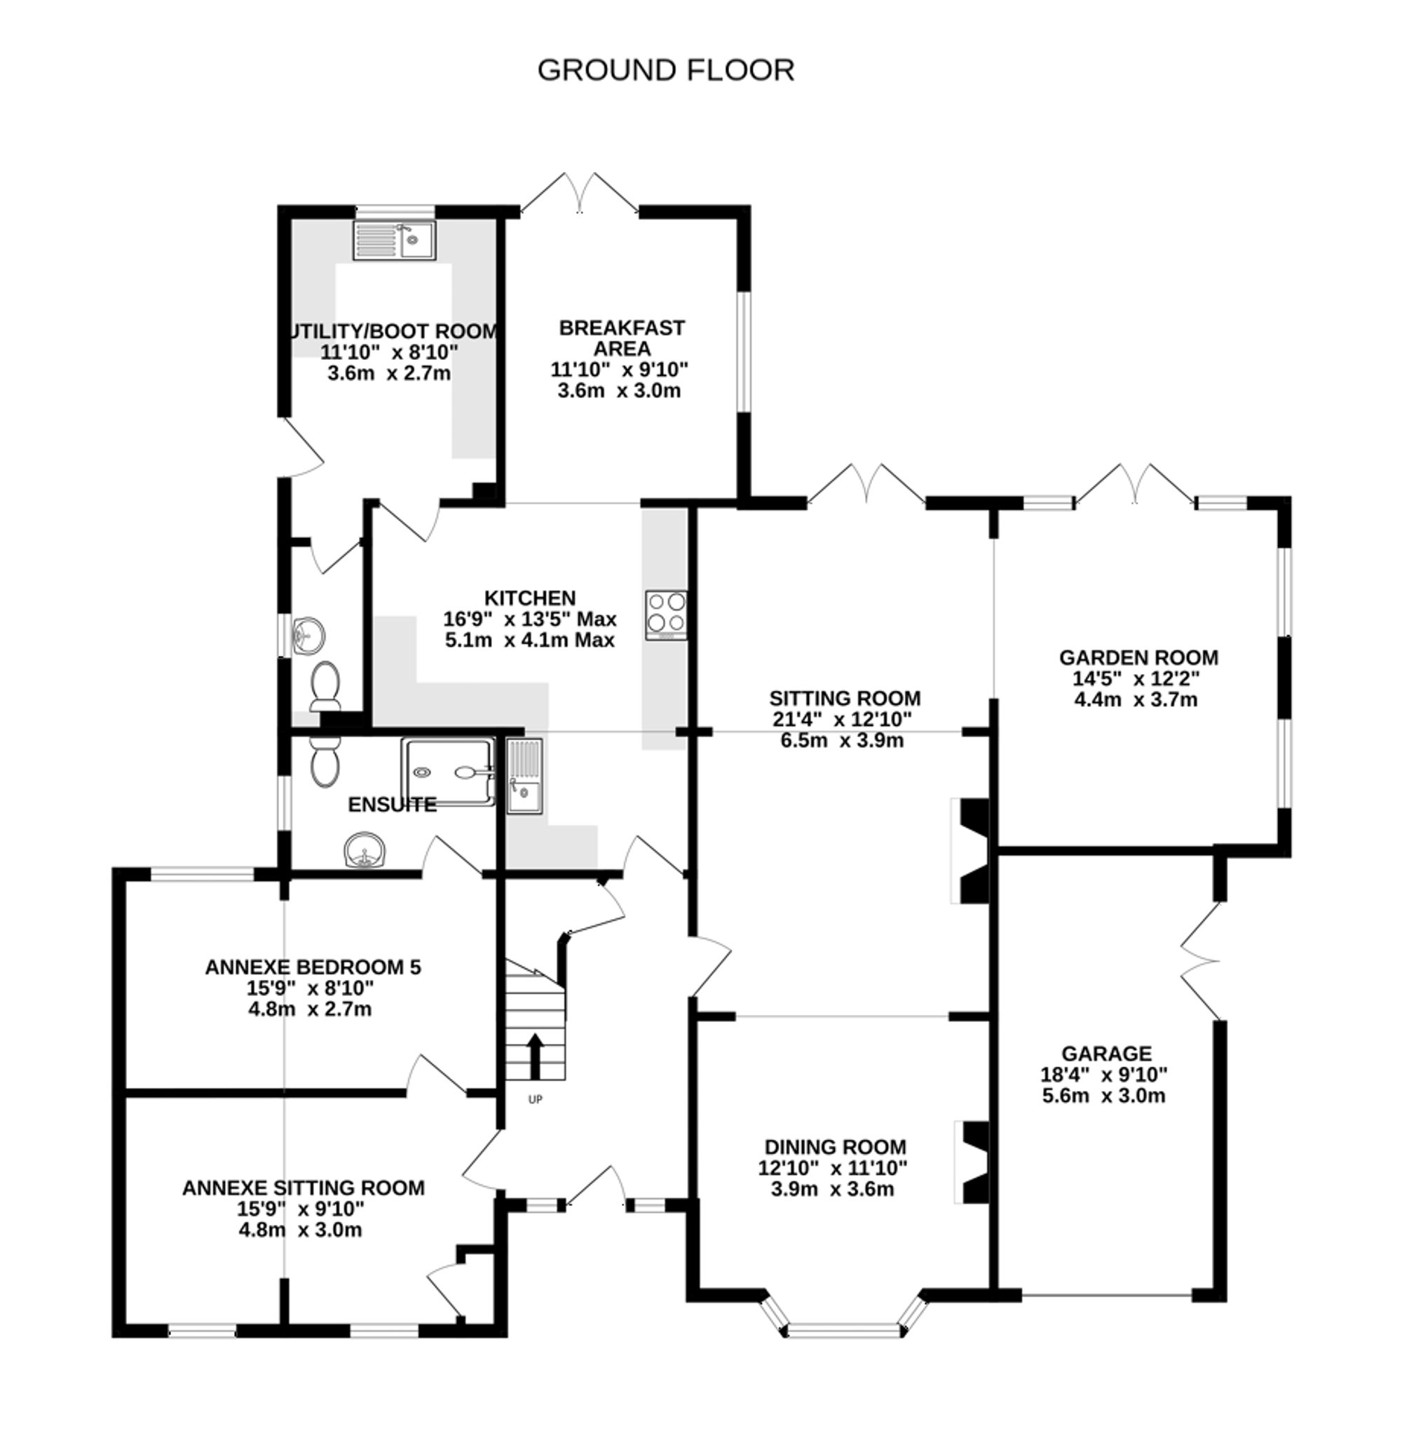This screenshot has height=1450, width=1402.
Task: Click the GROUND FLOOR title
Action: click(665, 70)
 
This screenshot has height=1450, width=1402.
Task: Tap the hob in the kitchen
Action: click(665, 615)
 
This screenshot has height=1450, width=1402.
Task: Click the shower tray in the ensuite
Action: click(448, 772)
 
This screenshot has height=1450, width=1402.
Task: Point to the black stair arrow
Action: click(535, 1056)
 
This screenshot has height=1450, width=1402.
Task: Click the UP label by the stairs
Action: click(535, 1099)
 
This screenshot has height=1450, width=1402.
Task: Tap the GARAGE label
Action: click(1106, 1054)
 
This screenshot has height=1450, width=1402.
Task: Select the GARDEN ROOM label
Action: click(1138, 657)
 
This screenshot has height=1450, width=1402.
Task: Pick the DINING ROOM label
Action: click(835, 1148)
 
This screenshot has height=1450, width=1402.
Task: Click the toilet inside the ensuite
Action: click(325, 762)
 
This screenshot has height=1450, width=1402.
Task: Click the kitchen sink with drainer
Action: click(524, 776)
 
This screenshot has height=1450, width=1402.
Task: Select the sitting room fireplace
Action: click(970, 851)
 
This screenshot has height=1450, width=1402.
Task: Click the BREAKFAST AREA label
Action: click(621, 337)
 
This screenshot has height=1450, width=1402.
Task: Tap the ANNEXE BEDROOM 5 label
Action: click(312, 967)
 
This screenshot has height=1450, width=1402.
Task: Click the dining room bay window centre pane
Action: click(845, 1331)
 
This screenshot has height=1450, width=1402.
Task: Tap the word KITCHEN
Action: click(529, 597)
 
